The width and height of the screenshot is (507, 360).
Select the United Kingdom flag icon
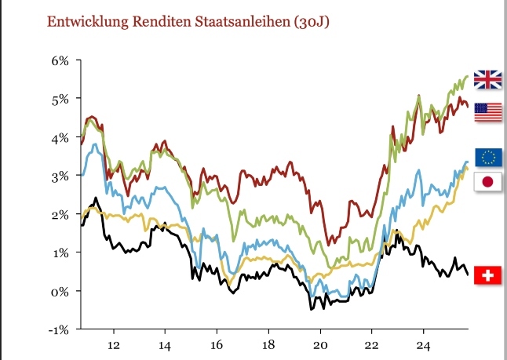click(x=488, y=79)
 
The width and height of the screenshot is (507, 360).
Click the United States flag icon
click(x=488, y=112)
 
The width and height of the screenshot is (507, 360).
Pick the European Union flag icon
click(x=488, y=157)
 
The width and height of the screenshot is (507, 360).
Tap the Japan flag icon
click(x=488, y=182)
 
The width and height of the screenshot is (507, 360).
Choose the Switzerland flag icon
click(x=488, y=275)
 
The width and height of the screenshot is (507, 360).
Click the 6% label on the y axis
click(x=60, y=60)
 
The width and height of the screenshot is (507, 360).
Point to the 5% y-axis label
click(x=60, y=99)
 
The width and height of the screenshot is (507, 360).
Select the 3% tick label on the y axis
click(x=60, y=176)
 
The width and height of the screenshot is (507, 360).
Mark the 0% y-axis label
click(x=60, y=291)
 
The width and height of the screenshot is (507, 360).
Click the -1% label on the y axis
click(x=59, y=329)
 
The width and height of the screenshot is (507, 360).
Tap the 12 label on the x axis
click(x=113, y=345)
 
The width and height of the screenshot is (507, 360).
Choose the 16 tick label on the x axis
click(x=217, y=345)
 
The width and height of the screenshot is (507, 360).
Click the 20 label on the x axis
click(x=320, y=345)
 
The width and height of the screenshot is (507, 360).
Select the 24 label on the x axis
click(x=424, y=345)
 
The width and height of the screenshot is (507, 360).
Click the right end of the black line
click(x=469, y=275)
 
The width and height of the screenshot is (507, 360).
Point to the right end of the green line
click(x=469, y=76)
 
